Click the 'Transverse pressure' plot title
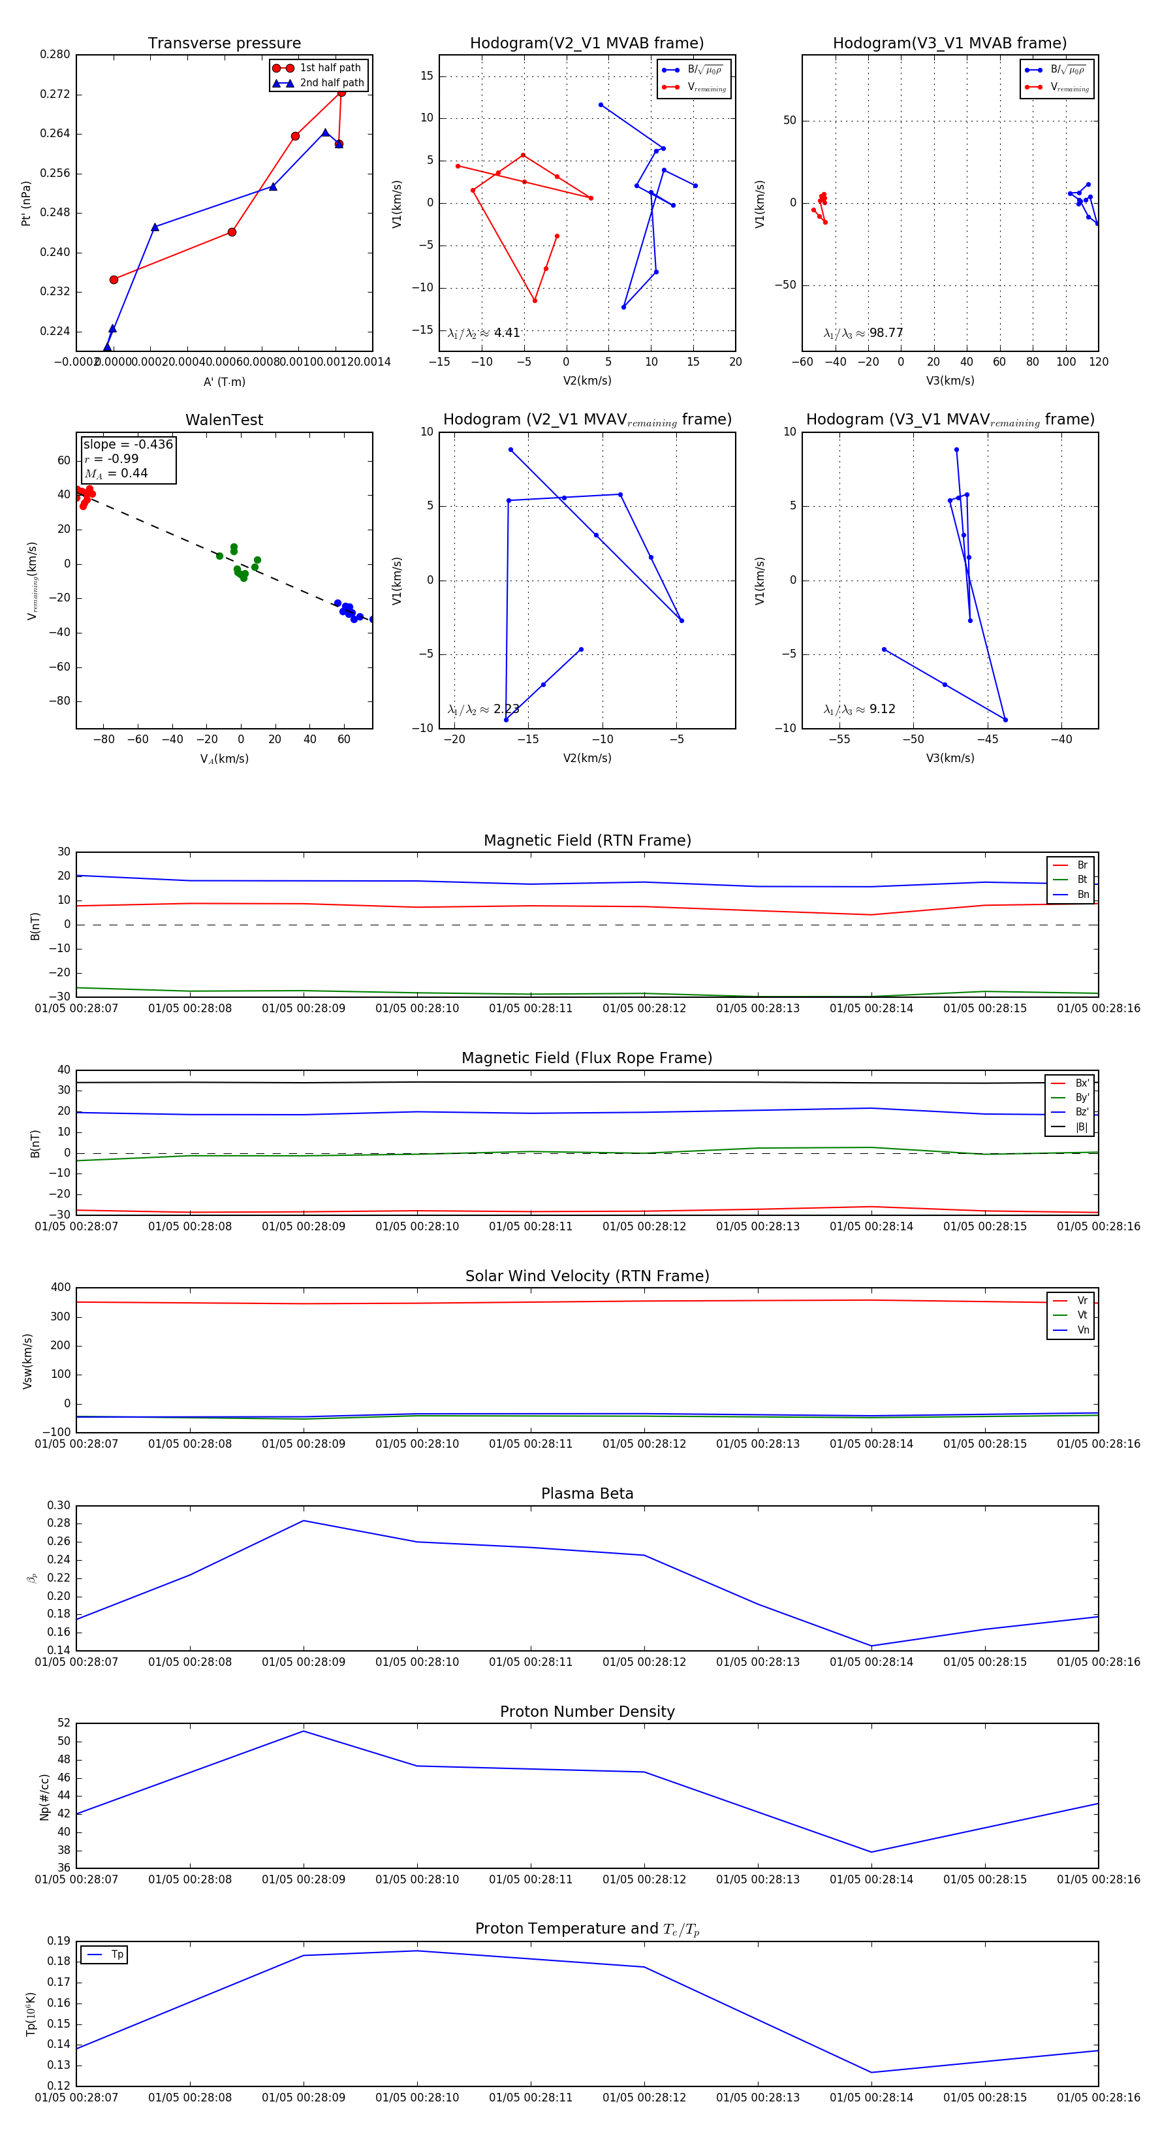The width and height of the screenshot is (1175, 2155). (224, 44)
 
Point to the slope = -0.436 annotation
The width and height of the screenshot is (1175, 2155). (128, 444)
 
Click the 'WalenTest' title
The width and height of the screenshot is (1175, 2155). (224, 420)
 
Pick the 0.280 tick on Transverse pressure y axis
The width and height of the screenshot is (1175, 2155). (55, 54)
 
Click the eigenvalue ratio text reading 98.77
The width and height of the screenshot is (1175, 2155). (864, 333)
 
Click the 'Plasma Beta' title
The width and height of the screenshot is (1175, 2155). (587, 1493)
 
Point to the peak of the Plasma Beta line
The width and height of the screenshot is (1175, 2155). (304, 1521)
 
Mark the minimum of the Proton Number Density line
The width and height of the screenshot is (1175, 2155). (871, 1852)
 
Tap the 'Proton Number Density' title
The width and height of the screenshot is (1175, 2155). (587, 1712)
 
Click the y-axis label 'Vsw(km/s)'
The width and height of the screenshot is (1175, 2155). (27, 1361)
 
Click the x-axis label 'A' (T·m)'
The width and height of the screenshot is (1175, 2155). (224, 381)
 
